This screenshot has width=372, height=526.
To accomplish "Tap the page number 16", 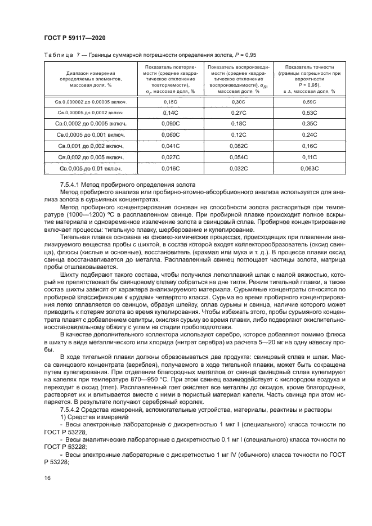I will (47, 478).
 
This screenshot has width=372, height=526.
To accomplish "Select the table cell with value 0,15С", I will (171, 102).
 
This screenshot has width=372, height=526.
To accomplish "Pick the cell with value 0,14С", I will (171, 113).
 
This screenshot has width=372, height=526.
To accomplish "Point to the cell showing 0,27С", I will (239, 113).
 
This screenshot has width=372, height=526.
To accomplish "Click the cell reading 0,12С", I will (239, 134).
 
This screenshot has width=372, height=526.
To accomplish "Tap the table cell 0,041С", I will (171, 146).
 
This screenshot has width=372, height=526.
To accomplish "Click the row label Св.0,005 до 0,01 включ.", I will (91, 168).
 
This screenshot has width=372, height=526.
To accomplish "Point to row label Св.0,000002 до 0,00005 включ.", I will (91, 102).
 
